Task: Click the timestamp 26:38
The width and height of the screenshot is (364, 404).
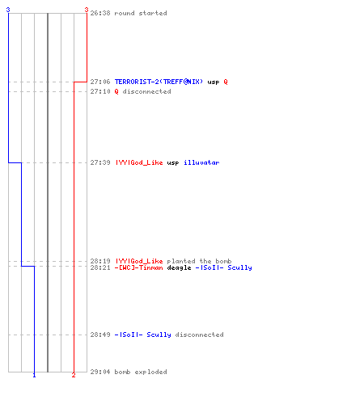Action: pos(100,13)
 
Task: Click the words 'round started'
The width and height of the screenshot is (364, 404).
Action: pos(141,13)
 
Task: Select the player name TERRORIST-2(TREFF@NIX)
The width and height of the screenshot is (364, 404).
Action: pos(159,82)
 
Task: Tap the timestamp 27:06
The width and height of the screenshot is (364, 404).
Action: pos(100,82)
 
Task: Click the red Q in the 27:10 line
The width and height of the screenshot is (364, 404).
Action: pos(116,91)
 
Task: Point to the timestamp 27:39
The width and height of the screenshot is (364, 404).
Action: pos(100,162)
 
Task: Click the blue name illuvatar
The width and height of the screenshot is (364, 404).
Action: pos(201,162)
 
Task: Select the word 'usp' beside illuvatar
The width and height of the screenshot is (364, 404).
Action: pos(173,163)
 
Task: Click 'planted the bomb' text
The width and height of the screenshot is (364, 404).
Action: pos(199,261)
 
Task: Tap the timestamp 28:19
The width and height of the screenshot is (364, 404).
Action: pos(100,261)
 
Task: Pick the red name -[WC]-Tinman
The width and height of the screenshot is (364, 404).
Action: pos(139,267)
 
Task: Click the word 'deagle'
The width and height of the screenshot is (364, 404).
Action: pos(179,268)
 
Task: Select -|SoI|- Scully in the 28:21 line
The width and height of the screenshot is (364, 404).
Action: pos(224,267)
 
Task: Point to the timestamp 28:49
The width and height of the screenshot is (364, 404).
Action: pos(100,335)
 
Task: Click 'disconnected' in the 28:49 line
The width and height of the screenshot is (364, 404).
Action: pos(200,335)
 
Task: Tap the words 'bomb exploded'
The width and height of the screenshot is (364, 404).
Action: pos(141,372)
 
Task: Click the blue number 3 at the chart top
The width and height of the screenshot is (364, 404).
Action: pos(8,10)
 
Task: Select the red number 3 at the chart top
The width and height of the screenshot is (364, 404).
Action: pos(87,10)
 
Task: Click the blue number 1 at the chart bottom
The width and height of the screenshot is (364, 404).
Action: pos(34,375)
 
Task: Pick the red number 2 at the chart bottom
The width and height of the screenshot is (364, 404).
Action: pos(74,375)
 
